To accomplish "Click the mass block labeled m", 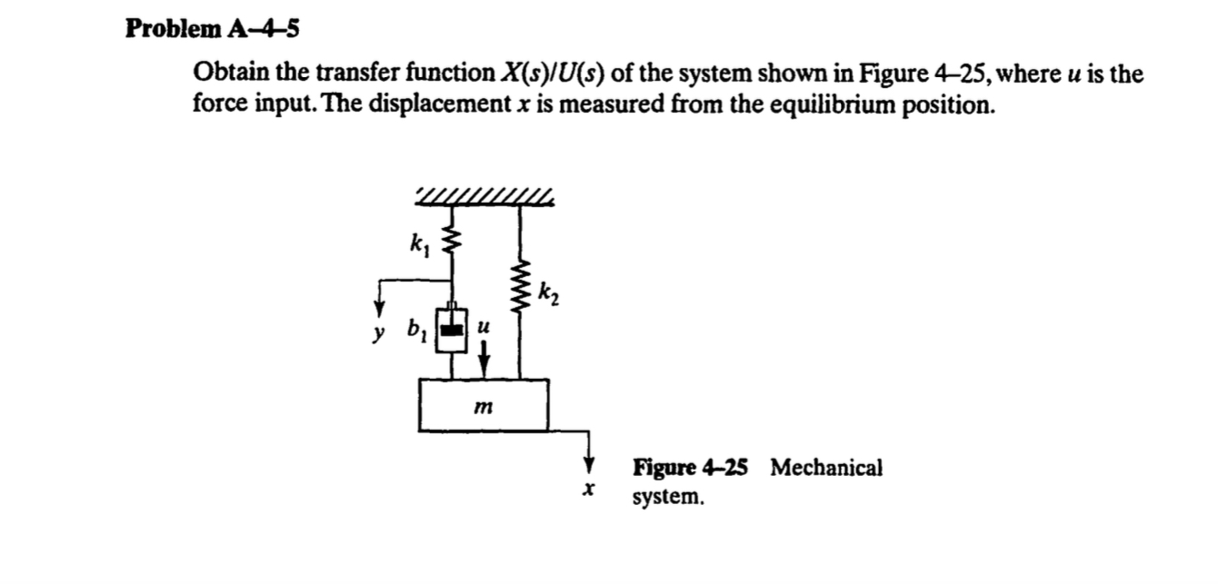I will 484,405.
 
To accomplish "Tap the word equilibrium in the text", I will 837,105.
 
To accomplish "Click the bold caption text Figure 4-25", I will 691,468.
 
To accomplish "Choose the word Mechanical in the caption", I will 826,468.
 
